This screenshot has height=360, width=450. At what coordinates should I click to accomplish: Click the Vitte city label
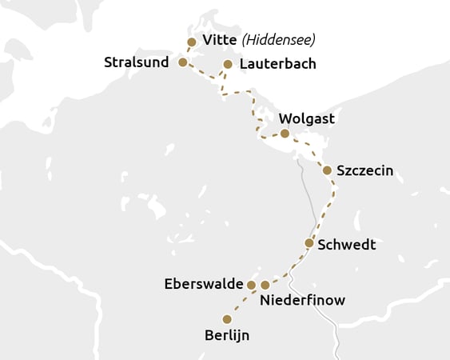coord(220,41)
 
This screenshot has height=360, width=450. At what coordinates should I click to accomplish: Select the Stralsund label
coord(136,62)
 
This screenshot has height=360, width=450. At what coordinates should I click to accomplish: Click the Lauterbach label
coord(277,64)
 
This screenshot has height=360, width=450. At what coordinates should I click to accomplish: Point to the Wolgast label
coord(307,119)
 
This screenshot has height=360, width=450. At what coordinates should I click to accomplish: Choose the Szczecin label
coord(364,170)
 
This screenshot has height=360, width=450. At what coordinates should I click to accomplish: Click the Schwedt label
coord(346,244)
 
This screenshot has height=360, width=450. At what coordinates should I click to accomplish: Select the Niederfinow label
coord(302,301)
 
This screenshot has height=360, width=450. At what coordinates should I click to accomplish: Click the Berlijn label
coord(227,335)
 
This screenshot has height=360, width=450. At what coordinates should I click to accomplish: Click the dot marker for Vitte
coord(191,42)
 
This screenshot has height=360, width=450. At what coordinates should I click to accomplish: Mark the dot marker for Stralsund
coord(182,62)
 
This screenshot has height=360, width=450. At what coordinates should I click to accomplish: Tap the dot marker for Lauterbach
coord(228,64)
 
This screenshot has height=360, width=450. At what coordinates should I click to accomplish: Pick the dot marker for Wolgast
coord(285,134)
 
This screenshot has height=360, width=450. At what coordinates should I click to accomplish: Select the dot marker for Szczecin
coord(327,170)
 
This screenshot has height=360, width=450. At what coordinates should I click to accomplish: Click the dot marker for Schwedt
coord(309,242)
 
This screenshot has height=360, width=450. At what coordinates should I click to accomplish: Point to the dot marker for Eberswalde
coord(251,285)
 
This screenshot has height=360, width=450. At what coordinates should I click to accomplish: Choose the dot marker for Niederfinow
coord(265,285)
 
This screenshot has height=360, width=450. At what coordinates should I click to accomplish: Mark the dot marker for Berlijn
coord(227,319)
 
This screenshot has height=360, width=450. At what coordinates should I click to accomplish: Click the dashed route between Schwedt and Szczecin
coord(326,210)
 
